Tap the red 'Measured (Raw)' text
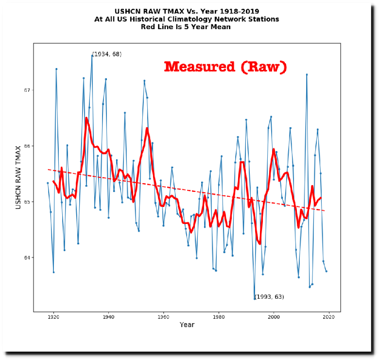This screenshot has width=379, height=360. (225, 67)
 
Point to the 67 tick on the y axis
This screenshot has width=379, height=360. (27, 90)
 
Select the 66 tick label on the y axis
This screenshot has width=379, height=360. (27, 146)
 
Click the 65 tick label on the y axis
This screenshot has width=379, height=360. (27, 202)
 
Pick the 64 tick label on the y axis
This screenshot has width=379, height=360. (27, 257)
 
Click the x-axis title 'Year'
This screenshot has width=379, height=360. (187, 325)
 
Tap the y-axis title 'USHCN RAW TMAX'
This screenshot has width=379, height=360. (19, 177)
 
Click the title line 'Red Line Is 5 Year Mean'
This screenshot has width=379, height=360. (187, 27)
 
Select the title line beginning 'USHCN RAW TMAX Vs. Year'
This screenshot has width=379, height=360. (187, 11)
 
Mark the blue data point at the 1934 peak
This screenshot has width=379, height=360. (92, 55)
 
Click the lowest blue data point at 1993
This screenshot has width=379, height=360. (255, 299)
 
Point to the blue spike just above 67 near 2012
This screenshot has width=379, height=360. (307, 74)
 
